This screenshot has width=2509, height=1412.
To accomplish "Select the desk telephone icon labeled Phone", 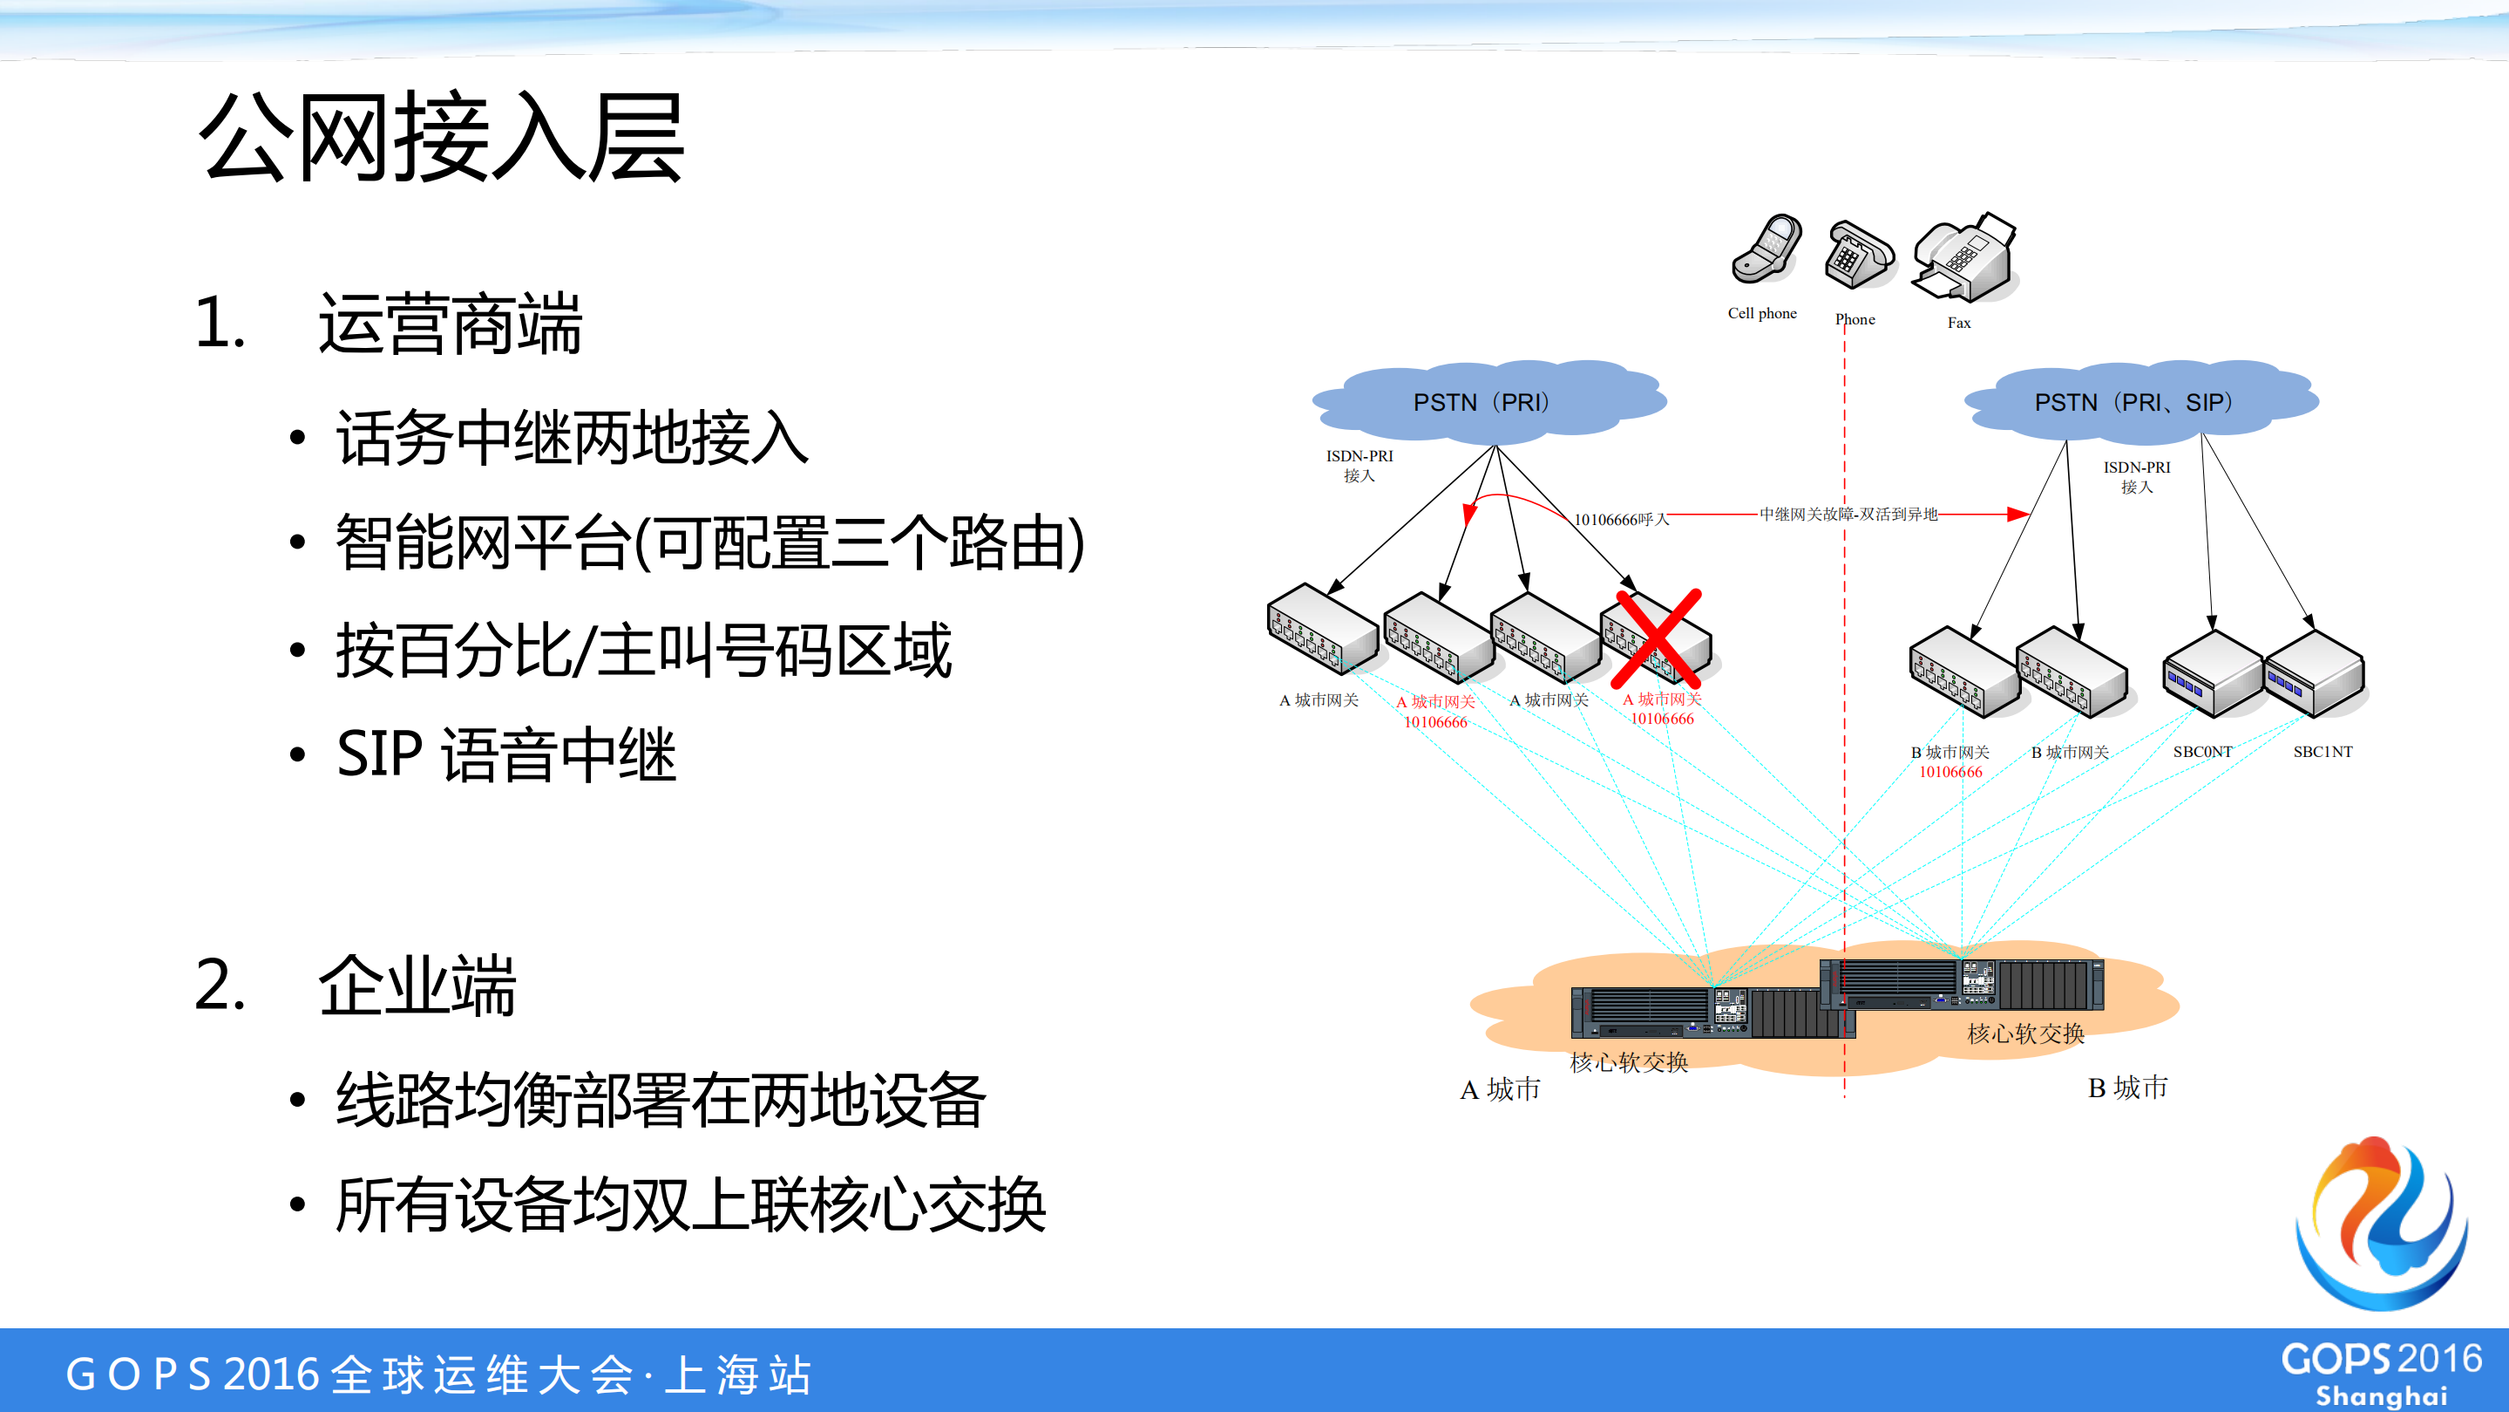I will pos(1858,256).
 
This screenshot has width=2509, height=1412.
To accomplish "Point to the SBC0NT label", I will pos(2202,751).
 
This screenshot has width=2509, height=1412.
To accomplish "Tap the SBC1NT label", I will pos(2322,751).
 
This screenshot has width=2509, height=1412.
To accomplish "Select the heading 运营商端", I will pos(450,324).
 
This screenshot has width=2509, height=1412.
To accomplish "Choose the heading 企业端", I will pos(417,986).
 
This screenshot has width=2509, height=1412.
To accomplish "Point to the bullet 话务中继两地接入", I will pos(573,439).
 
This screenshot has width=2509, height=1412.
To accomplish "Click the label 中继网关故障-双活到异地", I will pos(1848,514).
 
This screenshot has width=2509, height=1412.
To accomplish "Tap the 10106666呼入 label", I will pos(1621,520).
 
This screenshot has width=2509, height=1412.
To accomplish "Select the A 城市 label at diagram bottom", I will pos(1500,1089).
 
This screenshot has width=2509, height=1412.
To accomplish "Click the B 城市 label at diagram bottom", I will pos(2127,1088).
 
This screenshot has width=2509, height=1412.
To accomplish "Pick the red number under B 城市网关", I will pos(1950,772).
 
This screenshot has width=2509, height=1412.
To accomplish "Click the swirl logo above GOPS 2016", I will pos(2383,1223).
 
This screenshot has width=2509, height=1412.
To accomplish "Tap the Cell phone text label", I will pos(1762,313).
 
